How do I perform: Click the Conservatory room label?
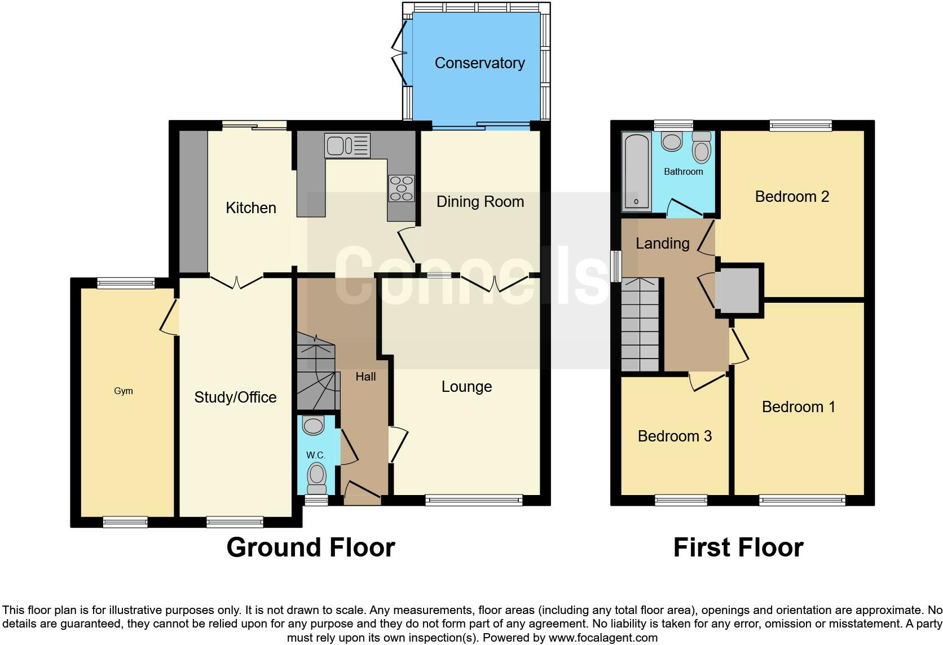pos(479,63)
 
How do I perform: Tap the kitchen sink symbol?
pos(347,145)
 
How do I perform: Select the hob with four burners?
pos(401,188)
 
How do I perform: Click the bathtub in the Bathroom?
pos(636,171)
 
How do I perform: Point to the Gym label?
pos(124,391)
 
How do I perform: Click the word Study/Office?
pos(235,397)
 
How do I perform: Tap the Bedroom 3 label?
pos(675,436)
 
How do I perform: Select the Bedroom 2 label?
pos(792,197)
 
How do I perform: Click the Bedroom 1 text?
pos(798,407)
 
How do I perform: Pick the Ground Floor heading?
pos(310,547)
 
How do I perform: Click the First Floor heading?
pos(738,547)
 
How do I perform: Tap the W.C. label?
pos(316,455)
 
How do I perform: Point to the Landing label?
pos(662,244)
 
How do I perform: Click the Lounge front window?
pos(474,499)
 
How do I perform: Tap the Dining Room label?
pos(480,202)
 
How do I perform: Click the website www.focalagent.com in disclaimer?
pos(602,638)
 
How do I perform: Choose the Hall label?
pos(365,377)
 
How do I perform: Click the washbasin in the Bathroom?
pos(672,141)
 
